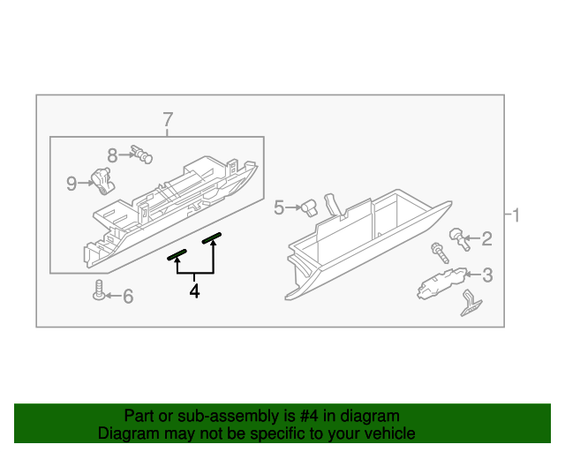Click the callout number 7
click(x=167, y=119)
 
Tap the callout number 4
click(x=194, y=290)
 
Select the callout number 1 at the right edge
click(x=516, y=215)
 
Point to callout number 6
click(x=128, y=297)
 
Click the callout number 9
click(x=72, y=183)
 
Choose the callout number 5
click(x=279, y=207)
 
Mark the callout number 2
click(x=486, y=238)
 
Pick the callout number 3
click(x=486, y=275)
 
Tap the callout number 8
click(x=112, y=156)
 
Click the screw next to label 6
click(x=98, y=290)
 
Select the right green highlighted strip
click(x=211, y=237)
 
